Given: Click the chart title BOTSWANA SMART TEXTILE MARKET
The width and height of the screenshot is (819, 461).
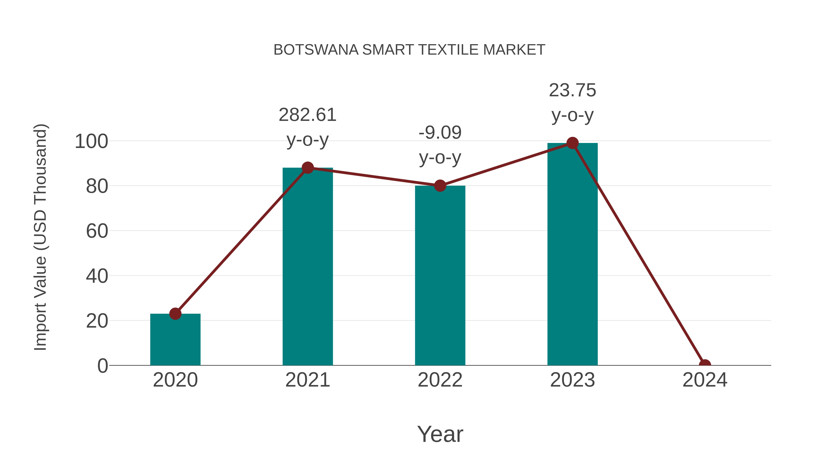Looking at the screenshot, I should click(409, 50).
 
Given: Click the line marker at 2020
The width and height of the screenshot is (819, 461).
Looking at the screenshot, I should click(175, 314).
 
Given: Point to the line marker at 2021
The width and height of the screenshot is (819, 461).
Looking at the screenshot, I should click(307, 168).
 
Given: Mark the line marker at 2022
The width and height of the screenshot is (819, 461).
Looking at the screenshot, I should click(440, 186).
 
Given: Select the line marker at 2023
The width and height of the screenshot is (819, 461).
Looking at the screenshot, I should click(572, 143).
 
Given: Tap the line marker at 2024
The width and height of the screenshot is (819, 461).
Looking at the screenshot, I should click(705, 365).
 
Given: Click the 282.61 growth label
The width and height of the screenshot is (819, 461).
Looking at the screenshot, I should click(307, 115).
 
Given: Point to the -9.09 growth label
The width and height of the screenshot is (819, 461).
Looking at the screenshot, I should click(440, 133).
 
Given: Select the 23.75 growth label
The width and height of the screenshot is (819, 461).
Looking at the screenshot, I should click(572, 90).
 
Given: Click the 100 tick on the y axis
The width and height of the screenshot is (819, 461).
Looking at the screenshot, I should click(91, 142).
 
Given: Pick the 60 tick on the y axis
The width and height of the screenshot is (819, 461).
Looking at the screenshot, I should click(97, 231).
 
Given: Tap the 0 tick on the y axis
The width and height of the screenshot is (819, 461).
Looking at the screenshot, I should click(102, 366).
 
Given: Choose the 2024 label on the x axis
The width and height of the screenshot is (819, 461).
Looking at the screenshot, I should click(705, 380).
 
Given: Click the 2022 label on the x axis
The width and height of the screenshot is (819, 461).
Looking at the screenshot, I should click(440, 380).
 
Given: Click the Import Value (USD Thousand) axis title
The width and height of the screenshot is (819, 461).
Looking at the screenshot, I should click(41, 237).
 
